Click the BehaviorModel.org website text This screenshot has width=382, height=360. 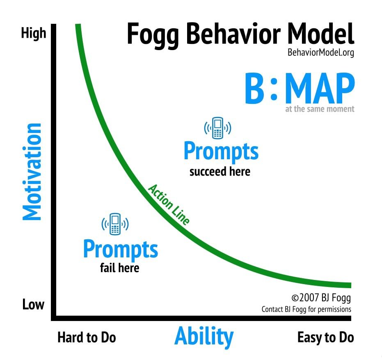(x=320, y=53)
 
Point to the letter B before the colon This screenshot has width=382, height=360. (x=254, y=89)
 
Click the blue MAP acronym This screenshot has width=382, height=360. (x=320, y=89)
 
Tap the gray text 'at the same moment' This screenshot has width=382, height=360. (x=320, y=109)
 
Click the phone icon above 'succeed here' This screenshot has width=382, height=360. (x=217, y=128)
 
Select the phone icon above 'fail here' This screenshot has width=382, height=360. (x=115, y=224)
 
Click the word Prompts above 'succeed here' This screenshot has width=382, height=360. (x=221, y=152)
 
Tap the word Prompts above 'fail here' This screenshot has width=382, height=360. (x=121, y=250)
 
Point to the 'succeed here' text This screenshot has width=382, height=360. (x=220, y=172)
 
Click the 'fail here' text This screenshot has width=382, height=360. (x=120, y=268)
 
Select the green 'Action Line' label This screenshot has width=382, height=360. (x=169, y=204)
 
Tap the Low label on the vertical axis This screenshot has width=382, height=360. (x=33, y=305)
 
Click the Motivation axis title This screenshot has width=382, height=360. (x=32, y=172)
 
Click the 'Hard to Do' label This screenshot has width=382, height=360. (x=87, y=337)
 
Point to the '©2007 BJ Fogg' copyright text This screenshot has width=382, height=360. (x=321, y=298)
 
